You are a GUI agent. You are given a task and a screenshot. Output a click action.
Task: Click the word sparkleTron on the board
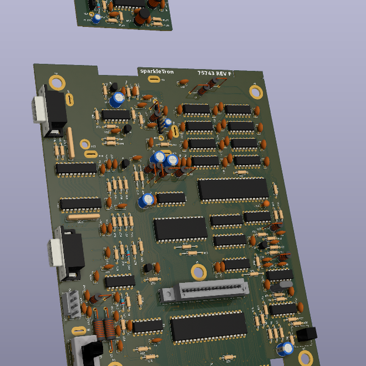point(156,71)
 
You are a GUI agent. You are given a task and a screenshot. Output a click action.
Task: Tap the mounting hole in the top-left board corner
point(57,82)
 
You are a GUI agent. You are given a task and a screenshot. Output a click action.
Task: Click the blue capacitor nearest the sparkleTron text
point(118,98)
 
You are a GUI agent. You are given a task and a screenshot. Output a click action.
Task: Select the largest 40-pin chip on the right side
point(233,189)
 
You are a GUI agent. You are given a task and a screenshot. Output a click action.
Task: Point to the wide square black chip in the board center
point(180,228)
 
